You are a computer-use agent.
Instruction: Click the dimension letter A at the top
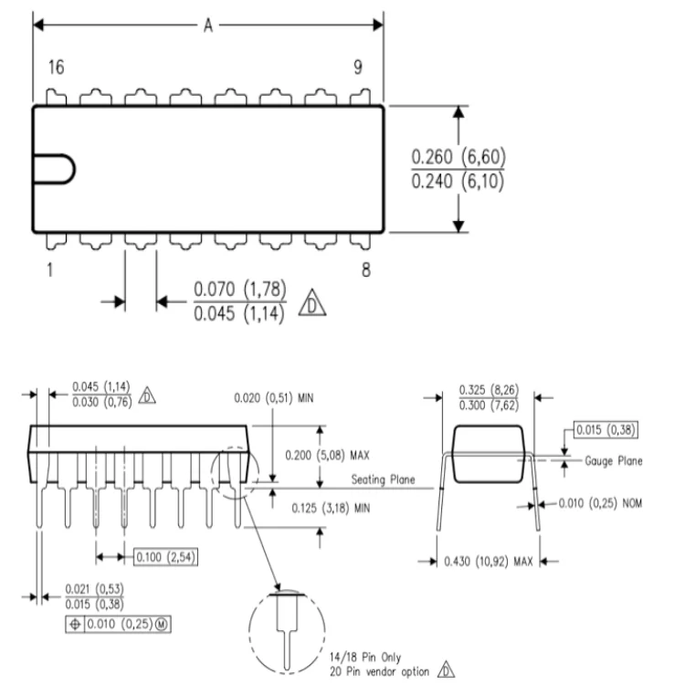(x=207, y=26)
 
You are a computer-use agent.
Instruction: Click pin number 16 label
(x=57, y=69)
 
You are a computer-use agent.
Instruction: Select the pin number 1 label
(x=49, y=271)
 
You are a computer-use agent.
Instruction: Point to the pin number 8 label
(x=365, y=271)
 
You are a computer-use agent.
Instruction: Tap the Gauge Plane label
(x=614, y=461)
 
